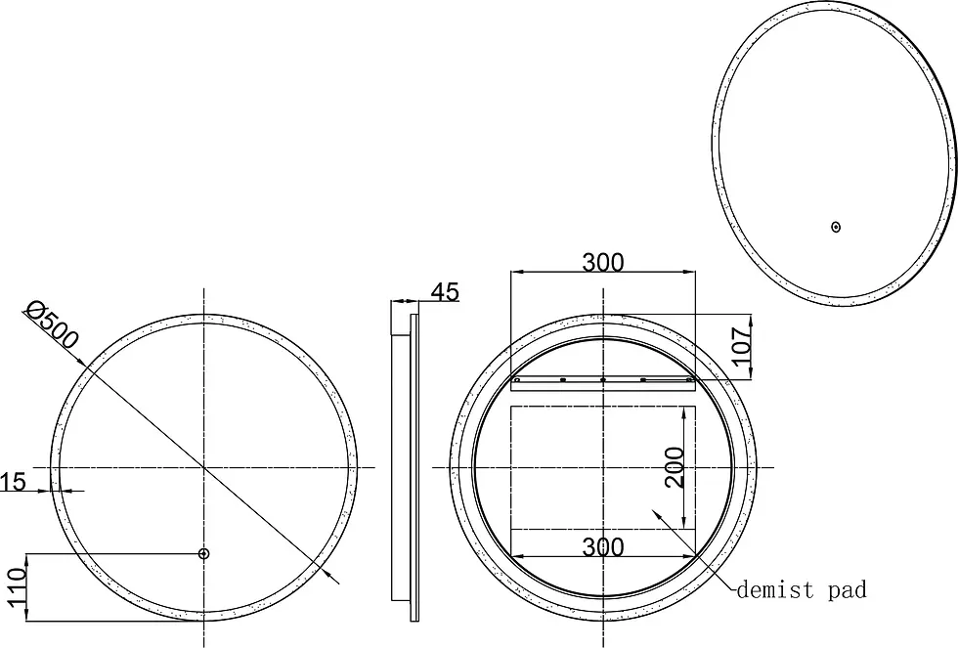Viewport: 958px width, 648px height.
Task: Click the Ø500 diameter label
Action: tap(51, 324)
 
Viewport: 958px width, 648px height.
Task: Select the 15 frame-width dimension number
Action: tap(13, 482)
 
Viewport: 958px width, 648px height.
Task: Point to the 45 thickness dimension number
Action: tap(445, 292)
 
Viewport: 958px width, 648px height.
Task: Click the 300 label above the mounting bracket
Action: tap(603, 263)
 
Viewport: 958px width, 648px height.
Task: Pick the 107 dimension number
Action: tap(741, 346)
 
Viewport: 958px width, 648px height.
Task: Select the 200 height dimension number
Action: tap(675, 467)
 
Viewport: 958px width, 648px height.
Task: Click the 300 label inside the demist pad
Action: tap(603, 547)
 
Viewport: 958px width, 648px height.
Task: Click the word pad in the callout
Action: tap(848, 591)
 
